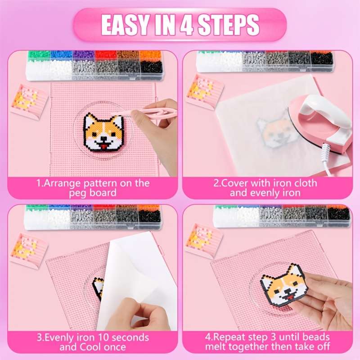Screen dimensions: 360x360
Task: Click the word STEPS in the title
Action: (x=229, y=25)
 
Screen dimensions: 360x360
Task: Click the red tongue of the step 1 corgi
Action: (x=104, y=146)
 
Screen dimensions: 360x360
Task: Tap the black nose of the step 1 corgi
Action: (x=104, y=139)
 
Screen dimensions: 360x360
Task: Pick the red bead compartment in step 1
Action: (x=106, y=55)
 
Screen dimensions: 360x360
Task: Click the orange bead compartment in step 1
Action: (x=150, y=55)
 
